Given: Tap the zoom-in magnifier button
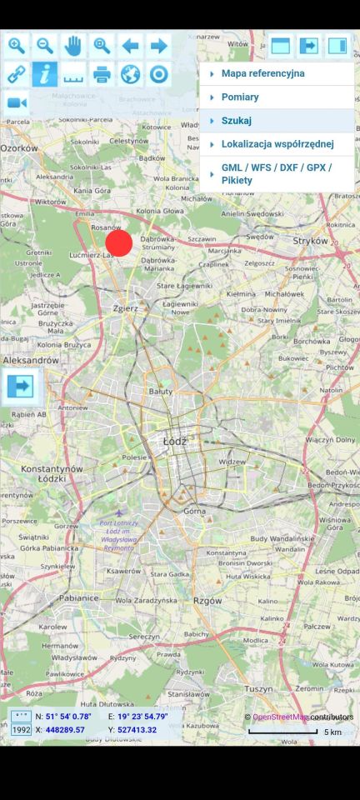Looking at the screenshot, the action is point(16,46).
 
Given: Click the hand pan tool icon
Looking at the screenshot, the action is point(73,46).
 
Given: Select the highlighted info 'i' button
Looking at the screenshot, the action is point(45,74).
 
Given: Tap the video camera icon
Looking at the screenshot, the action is point(16,102).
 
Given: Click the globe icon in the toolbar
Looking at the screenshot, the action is point(130,74).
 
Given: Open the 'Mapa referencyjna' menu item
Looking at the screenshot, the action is point(262,73).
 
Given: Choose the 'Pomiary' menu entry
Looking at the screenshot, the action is point(240,97).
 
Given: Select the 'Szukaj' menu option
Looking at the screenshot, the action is point(236,121).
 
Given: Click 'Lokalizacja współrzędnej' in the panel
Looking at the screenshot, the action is point(277,144).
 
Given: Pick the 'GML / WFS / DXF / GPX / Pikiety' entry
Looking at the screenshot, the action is point(276,173).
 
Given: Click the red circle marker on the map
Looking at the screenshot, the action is point(119,242).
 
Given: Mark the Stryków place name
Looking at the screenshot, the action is point(312,240).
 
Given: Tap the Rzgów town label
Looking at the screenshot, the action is point(207,599).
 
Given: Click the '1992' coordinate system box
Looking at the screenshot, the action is point(21,730).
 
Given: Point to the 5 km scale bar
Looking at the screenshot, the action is point(284,732).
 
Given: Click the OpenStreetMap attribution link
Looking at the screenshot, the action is point(279,717).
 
